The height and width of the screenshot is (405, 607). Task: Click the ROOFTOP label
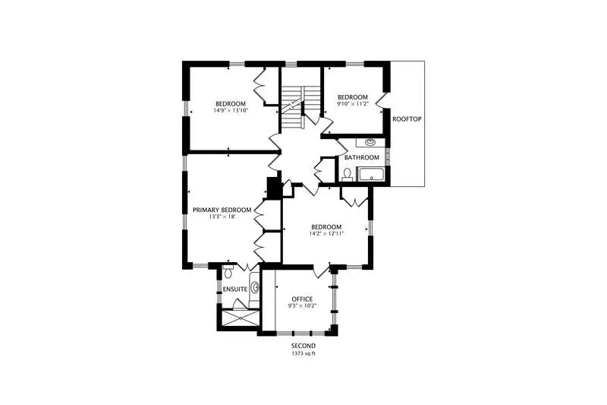click(x=407, y=119)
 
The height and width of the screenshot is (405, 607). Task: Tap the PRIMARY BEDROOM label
click(x=222, y=210)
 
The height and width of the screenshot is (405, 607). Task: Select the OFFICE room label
click(x=302, y=299)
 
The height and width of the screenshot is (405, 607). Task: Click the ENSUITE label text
click(x=235, y=290)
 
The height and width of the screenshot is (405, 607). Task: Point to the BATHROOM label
click(x=362, y=158)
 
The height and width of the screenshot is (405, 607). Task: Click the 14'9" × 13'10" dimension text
click(x=231, y=110)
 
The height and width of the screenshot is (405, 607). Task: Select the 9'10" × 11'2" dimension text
click(x=353, y=103)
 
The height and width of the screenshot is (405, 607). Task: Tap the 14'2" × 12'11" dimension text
click(x=326, y=234)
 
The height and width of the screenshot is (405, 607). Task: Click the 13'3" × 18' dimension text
click(x=222, y=217)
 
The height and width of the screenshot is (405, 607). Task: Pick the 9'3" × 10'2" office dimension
click(x=302, y=305)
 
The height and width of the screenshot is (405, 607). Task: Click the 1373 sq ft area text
click(x=303, y=354)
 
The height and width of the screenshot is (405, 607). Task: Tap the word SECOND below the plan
click(x=303, y=346)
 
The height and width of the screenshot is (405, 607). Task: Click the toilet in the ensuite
click(x=228, y=272)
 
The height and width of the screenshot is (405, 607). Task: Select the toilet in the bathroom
click(x=348, y=176)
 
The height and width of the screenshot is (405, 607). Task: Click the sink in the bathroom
click(x=371, y=142)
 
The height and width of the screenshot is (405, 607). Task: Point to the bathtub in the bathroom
click(x=371, y=175)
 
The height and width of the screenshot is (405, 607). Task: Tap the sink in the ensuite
click(x=256, y=288)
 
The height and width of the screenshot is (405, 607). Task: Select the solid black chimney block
click(x=273, y=188)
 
